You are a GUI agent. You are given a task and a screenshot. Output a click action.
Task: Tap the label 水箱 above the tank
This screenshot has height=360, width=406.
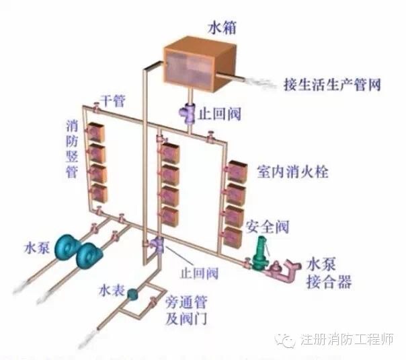tap(220, 29)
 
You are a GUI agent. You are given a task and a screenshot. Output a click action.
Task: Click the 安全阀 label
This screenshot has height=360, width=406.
tap(266, 225)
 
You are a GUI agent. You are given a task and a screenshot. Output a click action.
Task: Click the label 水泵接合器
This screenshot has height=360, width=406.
tap(329, 273)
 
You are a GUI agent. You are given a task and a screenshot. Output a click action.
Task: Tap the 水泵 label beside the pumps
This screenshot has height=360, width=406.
tap(32, 243)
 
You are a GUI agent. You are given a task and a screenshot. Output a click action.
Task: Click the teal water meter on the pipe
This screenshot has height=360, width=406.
tap(133, 293)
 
